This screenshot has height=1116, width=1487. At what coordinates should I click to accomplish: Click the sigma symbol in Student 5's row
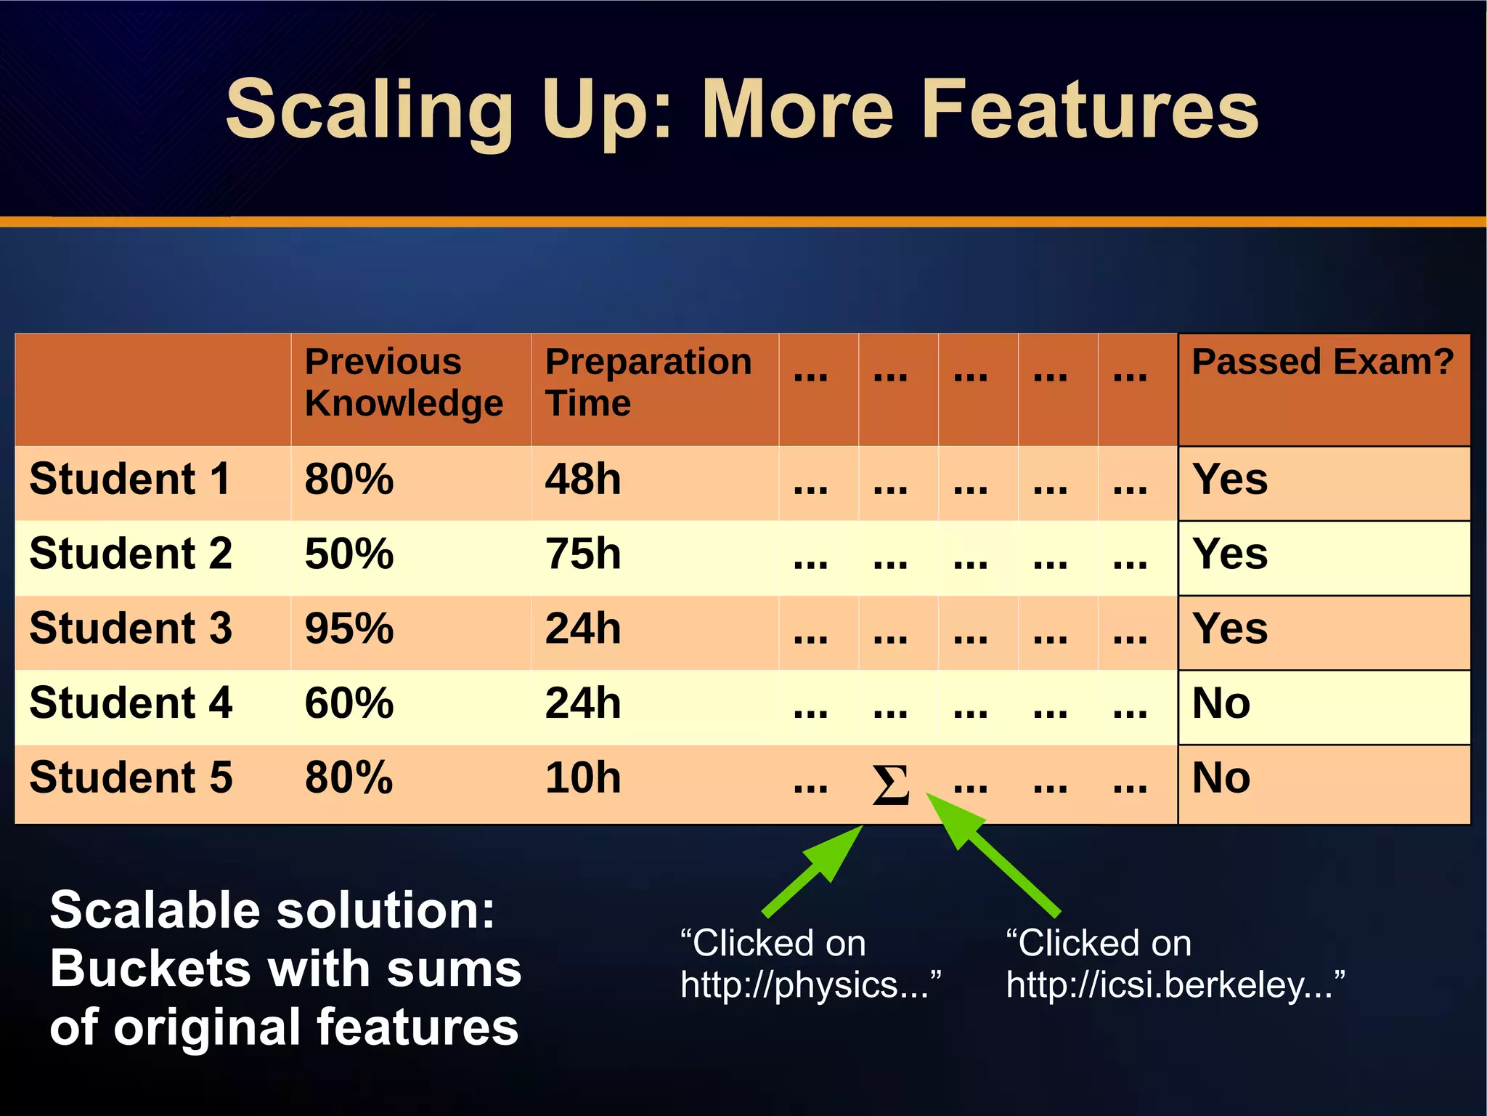tap(890, 785)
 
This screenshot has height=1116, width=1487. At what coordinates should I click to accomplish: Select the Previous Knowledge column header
tap(404, 382)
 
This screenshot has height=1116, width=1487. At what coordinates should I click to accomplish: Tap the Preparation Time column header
tap(648, 382)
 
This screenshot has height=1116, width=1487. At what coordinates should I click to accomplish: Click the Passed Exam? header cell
tap(1322, 362)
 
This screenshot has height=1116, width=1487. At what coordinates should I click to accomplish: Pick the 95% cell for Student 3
tap(349, 628)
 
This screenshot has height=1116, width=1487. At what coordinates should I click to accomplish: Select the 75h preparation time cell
tap(583, 554)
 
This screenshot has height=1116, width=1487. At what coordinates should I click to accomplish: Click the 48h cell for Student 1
tap(583, 480)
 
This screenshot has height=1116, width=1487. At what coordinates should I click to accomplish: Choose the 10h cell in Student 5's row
tap(583, 777)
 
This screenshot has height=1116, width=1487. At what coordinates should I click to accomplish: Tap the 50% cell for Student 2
tap(349, 554)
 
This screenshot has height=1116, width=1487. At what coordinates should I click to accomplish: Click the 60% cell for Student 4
tap(349, 703)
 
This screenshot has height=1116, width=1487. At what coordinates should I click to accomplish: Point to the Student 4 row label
tap(131, 703)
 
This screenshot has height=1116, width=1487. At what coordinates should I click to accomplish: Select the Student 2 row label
tap(131, 554)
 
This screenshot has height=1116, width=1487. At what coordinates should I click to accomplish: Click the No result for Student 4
tap(1221, 703)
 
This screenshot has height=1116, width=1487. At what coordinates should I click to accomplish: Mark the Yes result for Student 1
tap(1230, 480)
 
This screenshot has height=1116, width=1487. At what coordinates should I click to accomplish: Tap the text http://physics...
tap(810, 985)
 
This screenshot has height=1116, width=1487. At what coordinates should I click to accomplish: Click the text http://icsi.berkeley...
tap(1175, 985)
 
